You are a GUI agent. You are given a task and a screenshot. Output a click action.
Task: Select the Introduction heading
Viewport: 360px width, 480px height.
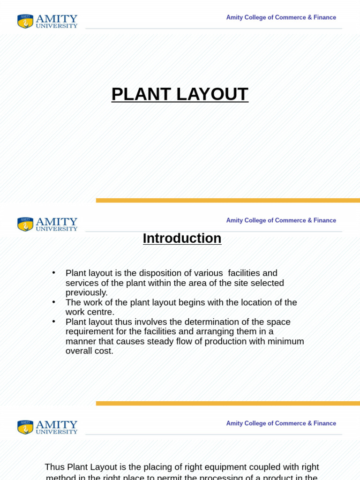pos(182,238)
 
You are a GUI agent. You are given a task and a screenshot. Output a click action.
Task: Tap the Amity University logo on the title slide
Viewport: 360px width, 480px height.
pos(47,21)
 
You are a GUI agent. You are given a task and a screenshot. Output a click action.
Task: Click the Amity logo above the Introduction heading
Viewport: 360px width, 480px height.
pos(47,224)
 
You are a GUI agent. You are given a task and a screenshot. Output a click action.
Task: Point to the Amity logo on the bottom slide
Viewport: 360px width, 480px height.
pos(47,427)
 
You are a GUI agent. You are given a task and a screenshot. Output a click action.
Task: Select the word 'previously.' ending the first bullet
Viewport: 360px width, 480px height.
pos(86,292)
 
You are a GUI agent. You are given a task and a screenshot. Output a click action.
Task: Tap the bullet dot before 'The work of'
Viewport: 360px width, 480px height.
pos(54,302)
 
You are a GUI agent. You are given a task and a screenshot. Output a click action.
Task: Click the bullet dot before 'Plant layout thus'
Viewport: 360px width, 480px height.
pos(54,322)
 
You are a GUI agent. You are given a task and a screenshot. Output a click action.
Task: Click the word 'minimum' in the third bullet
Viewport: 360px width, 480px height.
pos(285,341)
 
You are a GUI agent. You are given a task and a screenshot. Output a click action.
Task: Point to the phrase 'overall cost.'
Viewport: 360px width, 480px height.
pos(89,351)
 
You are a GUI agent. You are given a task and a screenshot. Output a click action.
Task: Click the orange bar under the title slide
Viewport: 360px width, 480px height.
pos(228,200)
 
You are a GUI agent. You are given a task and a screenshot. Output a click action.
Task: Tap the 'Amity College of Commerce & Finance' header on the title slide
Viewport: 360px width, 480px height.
pos(281,17)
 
